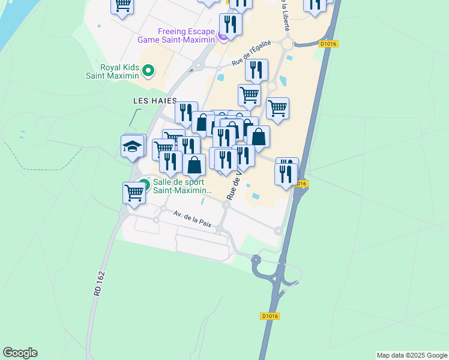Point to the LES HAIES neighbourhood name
[x=155, y=101]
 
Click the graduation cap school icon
[x=133, y=146]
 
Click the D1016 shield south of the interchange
[x=270, y=316]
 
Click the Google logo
[x=20, y=353]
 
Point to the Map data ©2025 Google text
[x=412, y=355]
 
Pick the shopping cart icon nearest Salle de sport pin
[x=133, y=194]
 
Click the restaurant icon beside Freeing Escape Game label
[x=231, y=25]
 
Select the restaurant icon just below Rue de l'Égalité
[x=256, y=70]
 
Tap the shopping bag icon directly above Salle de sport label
[x=194, y=164]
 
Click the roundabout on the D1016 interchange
[x=256, y=260]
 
